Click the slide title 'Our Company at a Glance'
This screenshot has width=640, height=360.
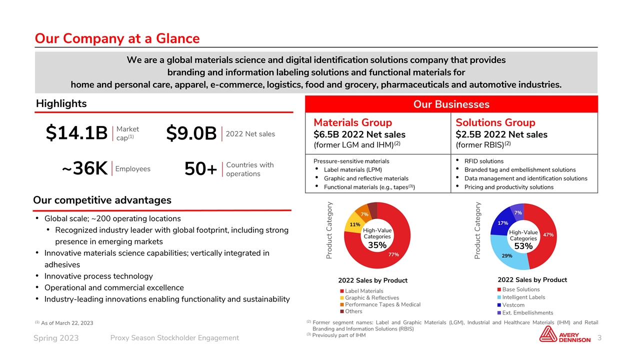tap(117, 38)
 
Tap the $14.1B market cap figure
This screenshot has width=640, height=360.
tap(76, 133)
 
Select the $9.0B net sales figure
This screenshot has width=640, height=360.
tap(191, 133)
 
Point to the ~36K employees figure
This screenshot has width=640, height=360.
tap(84, 169)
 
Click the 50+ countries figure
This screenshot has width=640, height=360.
tap(200, 169)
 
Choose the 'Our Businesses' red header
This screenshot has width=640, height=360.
tap(451, 104)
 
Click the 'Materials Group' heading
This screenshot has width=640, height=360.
tap(352, 122)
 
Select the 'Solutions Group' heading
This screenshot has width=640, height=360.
tap(495, 122)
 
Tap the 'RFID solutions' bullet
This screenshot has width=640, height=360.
tap(483, 161)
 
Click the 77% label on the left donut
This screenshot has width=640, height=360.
tap(393, 254)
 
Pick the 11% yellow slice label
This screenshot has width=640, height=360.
tap(355, 224)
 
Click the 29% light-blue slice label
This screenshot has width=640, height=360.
tap(506, 255)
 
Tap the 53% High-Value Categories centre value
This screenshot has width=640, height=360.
tap(522, 246)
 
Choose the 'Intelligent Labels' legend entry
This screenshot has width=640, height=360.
tap(523, 297)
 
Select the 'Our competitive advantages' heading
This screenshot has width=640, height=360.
tap(102, 200)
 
